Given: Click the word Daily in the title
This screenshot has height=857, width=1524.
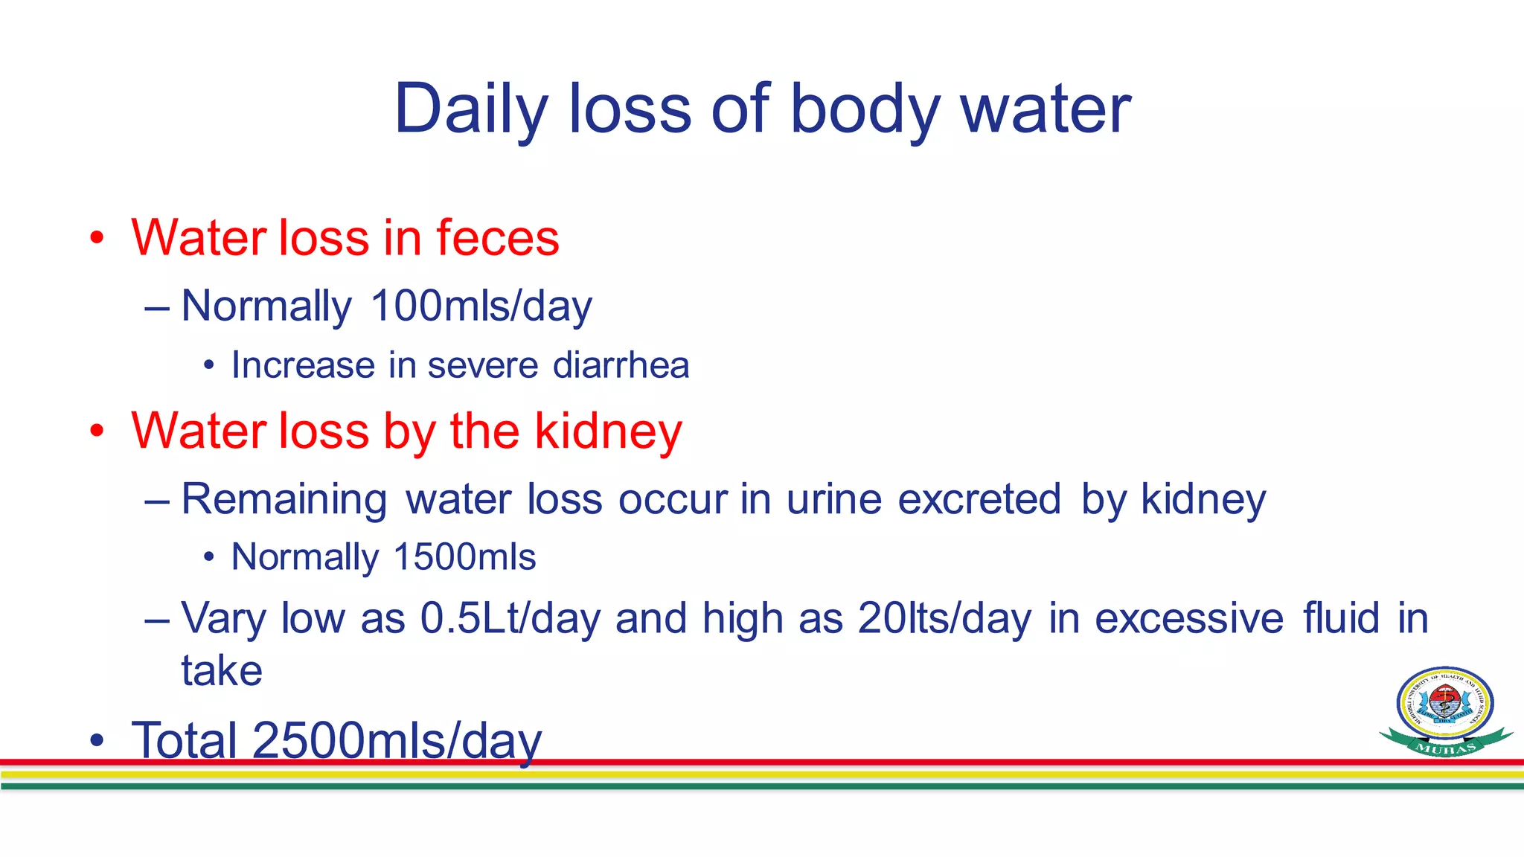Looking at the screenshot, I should coord(470,109).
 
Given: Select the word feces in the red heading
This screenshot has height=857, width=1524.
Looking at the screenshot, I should coord(497,238).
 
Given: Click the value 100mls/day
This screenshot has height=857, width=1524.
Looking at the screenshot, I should coord(481,306).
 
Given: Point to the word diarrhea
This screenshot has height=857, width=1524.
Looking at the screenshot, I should coord(621,365).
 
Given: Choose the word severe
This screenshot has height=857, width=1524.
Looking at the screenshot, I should coord(482,365).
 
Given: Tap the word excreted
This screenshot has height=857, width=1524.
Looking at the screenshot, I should coord(979,499).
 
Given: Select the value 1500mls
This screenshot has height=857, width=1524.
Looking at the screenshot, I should coord(464,557).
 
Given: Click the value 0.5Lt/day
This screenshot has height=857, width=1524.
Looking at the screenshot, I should coord(510,618).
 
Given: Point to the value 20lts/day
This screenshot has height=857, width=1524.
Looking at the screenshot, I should coord(944,618).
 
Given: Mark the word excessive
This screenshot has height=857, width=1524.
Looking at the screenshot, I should coord(1188,618).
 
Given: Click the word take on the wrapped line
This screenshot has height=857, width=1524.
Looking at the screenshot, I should coord(222,671).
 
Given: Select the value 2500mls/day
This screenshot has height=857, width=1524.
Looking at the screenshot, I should coord(397,740).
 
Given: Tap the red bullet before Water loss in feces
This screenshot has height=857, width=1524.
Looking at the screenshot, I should coord(97,239).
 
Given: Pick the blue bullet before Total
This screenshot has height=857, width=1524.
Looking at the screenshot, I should coord(97,741).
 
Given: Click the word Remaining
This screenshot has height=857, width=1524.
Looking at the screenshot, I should coord(284,499).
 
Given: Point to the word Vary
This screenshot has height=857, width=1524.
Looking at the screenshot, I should coord(222,618).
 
